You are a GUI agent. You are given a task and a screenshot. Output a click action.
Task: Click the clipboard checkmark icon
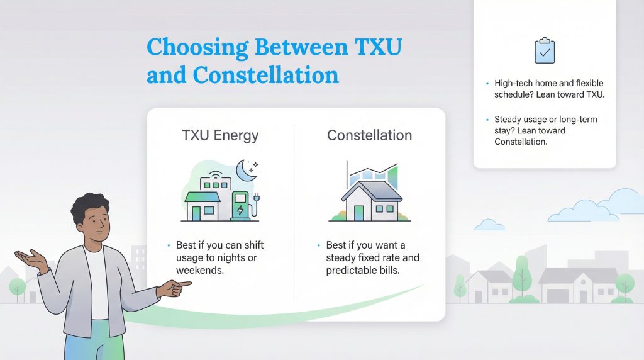pyautogui.click(x=545, y=50)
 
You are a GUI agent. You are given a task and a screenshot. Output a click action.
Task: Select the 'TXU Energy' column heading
pyautogui.click(x=219, y=135)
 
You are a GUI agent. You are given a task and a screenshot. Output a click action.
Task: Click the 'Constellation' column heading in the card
pyautogui.click(x=369, y=135)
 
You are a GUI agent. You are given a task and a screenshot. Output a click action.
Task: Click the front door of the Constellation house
pyautogui.click(x=358, y=212)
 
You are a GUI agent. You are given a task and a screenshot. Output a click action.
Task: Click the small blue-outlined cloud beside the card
pyautogui.click(x=489, y=225)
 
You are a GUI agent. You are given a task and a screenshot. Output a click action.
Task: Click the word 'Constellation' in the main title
pyautogui.click(x=265, y=76)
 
